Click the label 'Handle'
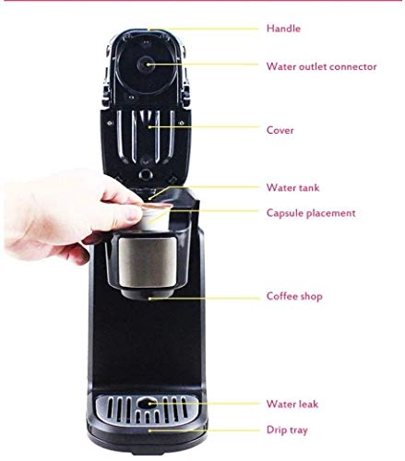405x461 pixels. [x=283, y=29]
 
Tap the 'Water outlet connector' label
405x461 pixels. [x=321, y=65]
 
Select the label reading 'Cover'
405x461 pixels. [x=280, y=130]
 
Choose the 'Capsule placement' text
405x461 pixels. [x=310, y=213]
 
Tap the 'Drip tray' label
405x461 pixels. [x=286, y=430]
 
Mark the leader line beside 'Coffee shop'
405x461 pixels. [x=203, y=297]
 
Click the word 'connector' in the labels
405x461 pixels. [x=351, y=65]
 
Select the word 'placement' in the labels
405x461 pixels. [x=332, y=213]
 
